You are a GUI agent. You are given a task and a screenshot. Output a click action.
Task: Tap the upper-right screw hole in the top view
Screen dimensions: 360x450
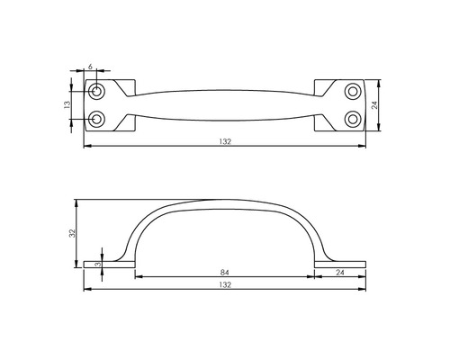tap(352, 92)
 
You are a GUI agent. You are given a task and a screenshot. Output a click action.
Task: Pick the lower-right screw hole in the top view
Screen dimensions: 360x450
tap(352, 118)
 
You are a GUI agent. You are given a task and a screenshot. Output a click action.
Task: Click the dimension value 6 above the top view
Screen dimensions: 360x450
tap(90, 67)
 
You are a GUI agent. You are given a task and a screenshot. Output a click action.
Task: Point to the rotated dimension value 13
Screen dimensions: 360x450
tap(67, 105)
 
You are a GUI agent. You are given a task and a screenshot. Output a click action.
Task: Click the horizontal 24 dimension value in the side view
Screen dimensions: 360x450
tap(340, 271)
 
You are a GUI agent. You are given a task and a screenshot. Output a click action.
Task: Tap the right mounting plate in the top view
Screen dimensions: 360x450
tap(340, 105)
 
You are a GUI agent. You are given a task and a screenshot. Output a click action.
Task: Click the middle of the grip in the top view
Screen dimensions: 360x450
tap(225, 105)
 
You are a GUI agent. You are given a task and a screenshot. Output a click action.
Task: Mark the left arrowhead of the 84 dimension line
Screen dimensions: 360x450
tap(138, 277)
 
